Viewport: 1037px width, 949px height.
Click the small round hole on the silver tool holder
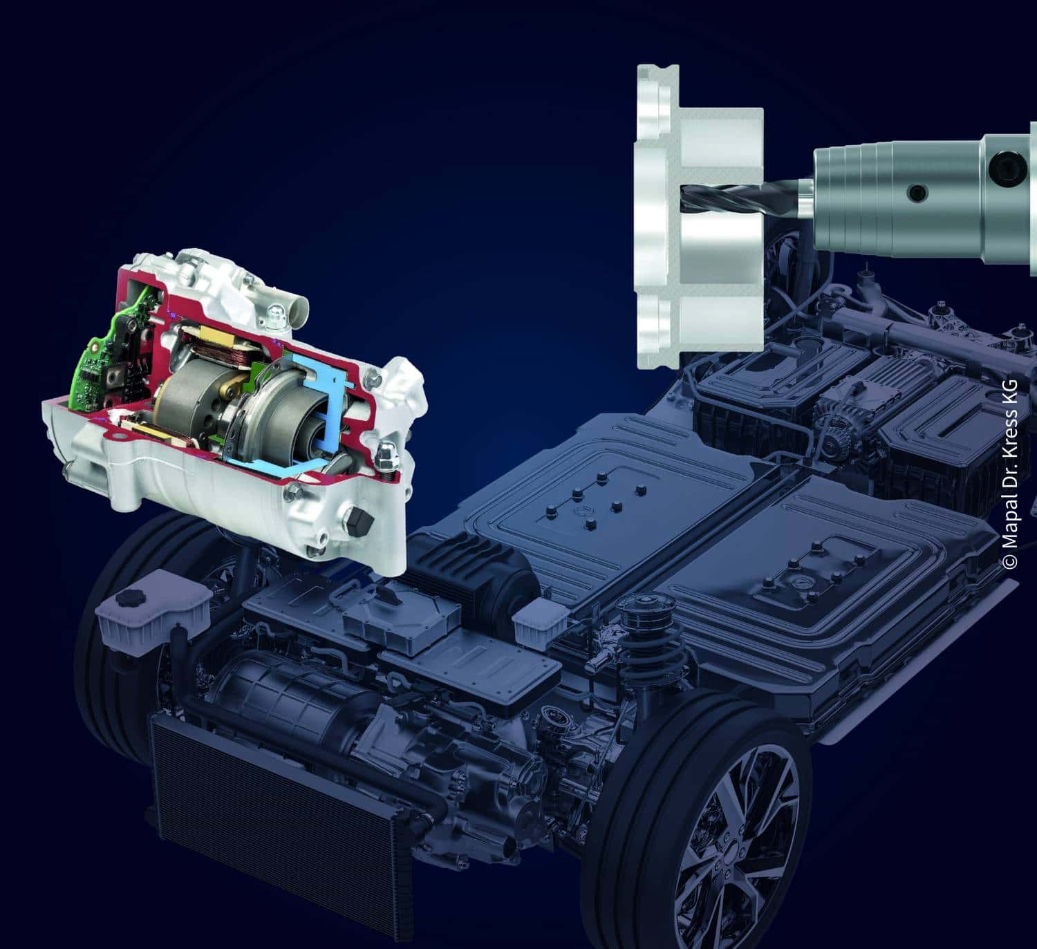pyautogui.click(x=917, y=194)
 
